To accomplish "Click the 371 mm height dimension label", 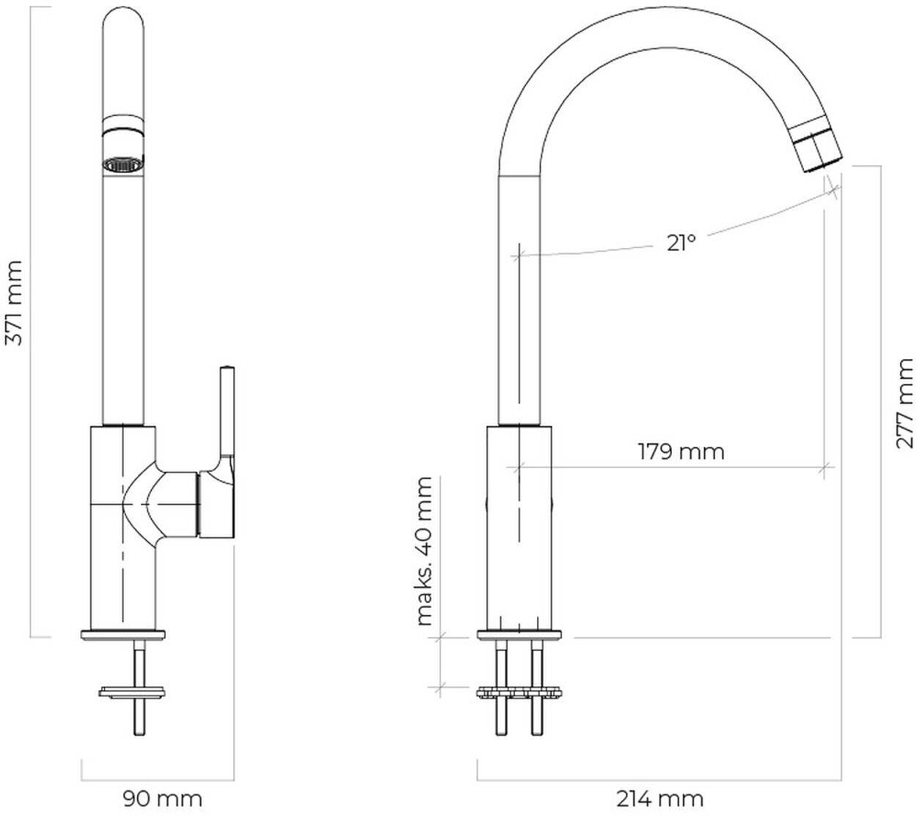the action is point(14,303).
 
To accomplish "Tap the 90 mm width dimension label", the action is point(162,798).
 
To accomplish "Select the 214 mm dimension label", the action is point(660,799).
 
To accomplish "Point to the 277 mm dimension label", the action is point(905,404).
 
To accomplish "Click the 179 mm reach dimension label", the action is point(681,451).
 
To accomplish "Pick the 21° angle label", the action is point(680,243).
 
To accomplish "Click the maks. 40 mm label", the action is point(424,551).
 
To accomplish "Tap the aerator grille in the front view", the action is point(123,164).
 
